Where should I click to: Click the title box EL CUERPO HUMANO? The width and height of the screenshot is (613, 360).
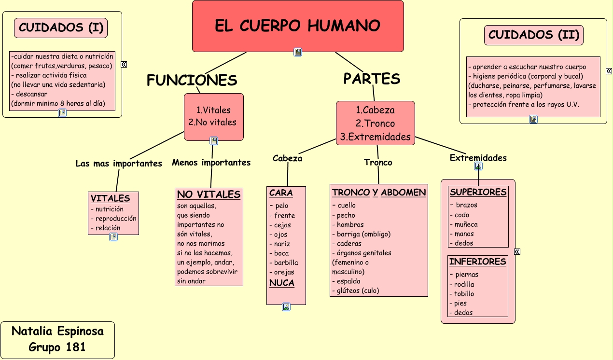(x=297, y=26)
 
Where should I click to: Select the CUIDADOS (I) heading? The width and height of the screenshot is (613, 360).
(x=61, y=28)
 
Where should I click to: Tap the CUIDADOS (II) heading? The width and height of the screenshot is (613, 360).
(x=533, y=35)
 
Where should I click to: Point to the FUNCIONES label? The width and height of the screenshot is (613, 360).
(x=192, y=80)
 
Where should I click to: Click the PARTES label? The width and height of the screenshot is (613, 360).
(x=372, y=78)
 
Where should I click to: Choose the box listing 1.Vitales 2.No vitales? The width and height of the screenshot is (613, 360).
(x=213, y=116)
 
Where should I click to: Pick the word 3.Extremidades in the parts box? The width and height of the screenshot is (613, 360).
(x=375, y=137)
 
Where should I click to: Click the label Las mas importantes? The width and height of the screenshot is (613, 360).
(x=119, y=164)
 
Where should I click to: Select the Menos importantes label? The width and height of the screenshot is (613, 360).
(x=211, y=163)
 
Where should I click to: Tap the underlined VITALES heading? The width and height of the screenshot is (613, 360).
(x=110, y=198)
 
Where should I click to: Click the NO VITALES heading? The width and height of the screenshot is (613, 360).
(x=209, y=194)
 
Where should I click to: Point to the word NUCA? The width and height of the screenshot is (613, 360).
(x=281, y=283)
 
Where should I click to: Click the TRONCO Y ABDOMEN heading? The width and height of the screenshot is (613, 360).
(x=379, y=193)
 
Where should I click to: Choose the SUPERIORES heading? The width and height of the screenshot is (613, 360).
(x=478, y=192)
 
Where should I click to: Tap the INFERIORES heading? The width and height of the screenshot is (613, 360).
(x=477, y=262)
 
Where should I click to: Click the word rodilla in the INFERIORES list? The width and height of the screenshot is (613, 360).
(x=464, y=284)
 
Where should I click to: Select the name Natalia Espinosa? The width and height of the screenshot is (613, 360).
(x=57, y=331)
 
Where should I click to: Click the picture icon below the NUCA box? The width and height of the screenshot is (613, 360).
(x=286, y=307)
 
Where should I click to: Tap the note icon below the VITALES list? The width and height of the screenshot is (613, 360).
(x=113, y=237)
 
